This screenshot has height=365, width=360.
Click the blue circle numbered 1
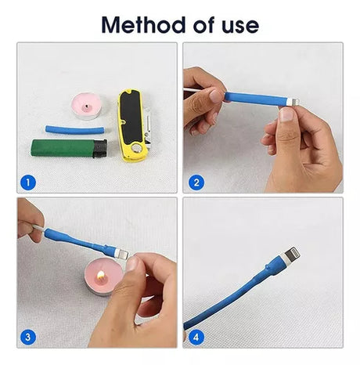click(x=28, y=182)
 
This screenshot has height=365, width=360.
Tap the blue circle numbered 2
click(x=196, y=182)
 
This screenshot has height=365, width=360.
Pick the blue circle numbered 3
click(x=28, y=337)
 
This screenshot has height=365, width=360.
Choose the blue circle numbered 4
click(x=196, y=337)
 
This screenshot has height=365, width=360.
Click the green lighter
click(x=69, y=148)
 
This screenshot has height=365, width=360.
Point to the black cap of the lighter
click(x=100, y=149)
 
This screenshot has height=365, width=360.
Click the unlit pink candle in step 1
click(x=87, y=107)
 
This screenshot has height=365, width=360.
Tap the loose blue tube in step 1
click(x=75, y=130)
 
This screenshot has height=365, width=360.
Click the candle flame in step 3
click(x=101, y=275)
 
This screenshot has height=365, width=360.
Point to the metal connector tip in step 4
click(x=292, y=254)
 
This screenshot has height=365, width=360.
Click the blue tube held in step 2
click(x=256, y=99)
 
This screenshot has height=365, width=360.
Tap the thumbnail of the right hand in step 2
click(x=287, y=114)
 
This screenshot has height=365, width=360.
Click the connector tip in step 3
click(x=122, y=254)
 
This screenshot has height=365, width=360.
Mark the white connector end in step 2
click(x=293, y=102)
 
